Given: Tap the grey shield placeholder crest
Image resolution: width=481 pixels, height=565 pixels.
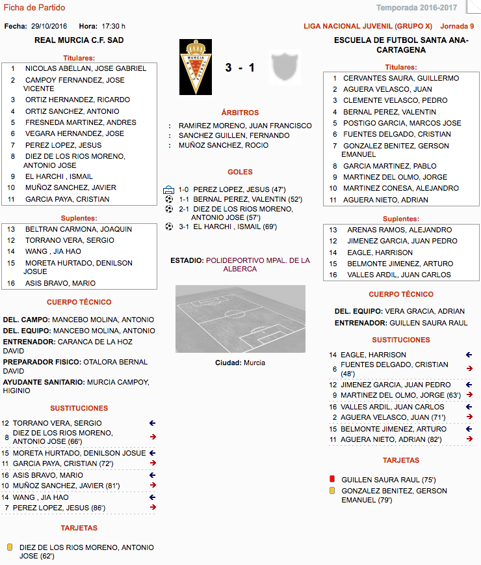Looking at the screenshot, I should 284,66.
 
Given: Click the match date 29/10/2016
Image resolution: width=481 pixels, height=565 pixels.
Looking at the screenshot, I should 49,26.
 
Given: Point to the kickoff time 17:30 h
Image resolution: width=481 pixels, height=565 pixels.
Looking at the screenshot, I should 113,26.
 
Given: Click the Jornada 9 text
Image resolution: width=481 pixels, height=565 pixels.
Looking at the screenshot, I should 457,26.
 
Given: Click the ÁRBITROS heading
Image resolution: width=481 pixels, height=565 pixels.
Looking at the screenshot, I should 240,113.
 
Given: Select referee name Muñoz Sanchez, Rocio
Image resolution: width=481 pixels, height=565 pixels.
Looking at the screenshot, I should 223,145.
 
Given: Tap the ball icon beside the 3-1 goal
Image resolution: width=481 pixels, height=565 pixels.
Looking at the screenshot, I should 169,227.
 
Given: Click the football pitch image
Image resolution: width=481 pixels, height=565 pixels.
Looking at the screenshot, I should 240,319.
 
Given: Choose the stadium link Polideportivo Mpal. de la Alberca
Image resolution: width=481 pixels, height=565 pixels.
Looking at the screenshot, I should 257,264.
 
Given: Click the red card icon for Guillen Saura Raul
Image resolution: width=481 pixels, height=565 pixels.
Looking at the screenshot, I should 333,479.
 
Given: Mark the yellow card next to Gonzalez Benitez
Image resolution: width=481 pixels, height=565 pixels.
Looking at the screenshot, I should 333,491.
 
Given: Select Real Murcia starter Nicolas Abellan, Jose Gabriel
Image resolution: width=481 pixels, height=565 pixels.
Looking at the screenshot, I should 85,68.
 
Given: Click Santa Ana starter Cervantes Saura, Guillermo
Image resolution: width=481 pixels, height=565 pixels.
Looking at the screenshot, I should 401,78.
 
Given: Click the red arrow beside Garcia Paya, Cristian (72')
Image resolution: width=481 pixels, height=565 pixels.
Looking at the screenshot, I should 152,463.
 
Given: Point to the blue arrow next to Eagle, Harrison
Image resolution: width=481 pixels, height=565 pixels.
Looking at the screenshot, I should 469,355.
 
